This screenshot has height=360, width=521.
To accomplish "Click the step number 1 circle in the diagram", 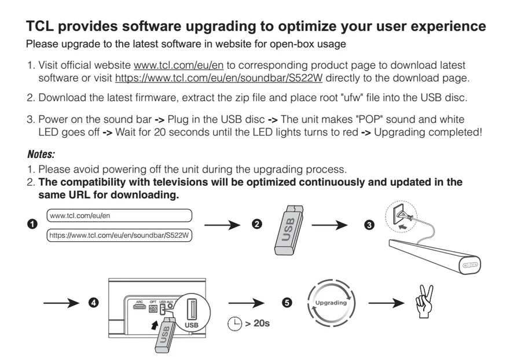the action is point(32,224).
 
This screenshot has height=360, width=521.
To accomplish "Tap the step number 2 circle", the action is point(257,224).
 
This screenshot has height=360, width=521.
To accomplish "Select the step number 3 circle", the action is point(369,225).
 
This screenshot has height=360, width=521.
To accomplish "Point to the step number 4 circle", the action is point(94,303).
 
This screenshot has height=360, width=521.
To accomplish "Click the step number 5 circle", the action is point(287,303).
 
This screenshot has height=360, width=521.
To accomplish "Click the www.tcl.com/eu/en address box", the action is point(119,215).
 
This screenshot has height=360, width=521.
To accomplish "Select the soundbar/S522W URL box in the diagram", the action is point(119,236).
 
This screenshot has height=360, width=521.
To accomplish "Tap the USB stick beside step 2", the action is point(289,230).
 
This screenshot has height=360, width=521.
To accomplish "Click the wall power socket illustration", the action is point(401,216).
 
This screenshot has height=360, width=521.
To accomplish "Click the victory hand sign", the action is point(425,301).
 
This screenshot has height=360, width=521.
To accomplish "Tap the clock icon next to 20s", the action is point(234,324).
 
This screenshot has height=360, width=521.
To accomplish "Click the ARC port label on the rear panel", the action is point(140,302).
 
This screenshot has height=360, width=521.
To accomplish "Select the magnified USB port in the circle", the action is point(192,310).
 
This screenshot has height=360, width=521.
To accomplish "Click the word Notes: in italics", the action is point(41,154).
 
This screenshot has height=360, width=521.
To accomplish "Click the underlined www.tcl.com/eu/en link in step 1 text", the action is point(178,65).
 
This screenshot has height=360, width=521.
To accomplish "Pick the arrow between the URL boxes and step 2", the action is point(222,225).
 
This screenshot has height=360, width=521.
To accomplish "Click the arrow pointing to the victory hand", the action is point(387,303).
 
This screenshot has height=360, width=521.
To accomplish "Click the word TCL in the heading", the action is point(39,26).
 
